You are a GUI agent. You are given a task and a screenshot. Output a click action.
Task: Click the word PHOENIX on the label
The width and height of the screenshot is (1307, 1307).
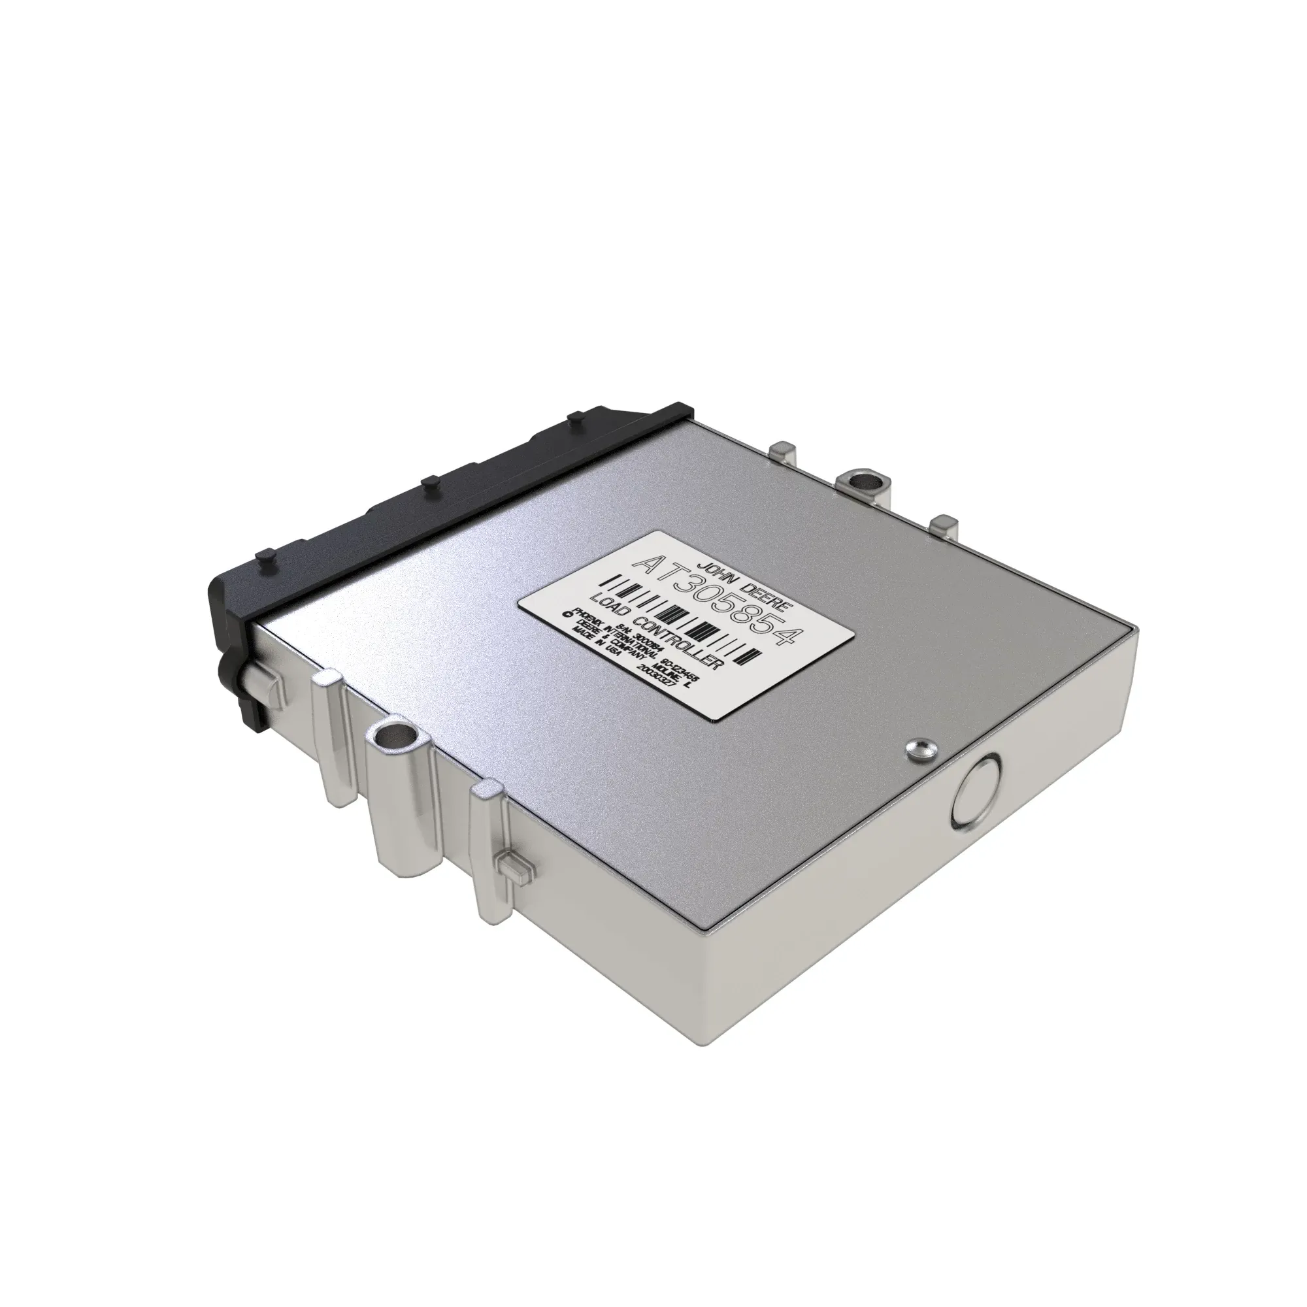pyautogui.click(x=589, y=617)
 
